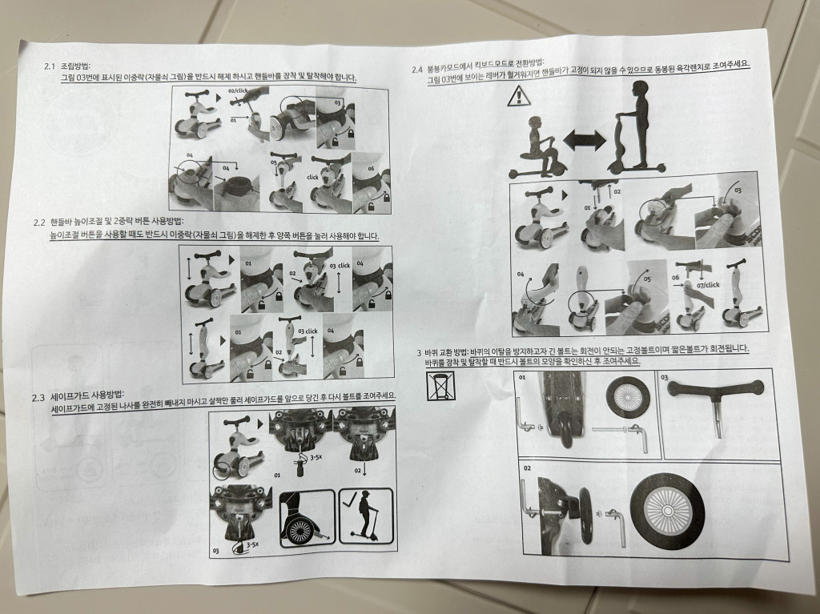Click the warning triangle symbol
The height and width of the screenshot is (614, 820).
(519, 96)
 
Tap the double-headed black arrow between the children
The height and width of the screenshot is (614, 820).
(584, 140)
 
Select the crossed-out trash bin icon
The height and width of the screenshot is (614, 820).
(441, 386)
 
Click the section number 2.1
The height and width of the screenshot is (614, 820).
(50, 66)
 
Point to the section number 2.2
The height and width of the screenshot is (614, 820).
(39, 223)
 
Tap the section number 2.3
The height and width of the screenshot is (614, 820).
(38, 398)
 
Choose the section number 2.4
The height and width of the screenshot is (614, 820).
(416, 70)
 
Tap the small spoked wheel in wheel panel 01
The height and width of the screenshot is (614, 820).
(629, 397)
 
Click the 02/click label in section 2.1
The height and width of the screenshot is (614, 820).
(238, 90)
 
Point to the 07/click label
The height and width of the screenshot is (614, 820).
(708, 285)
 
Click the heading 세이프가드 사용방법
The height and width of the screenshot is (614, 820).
(87, 396)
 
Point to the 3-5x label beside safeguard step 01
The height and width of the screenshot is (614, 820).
(316, 457)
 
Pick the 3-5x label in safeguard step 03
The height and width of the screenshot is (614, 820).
(252, 544)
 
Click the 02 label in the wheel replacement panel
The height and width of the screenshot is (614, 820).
(527, 468)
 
